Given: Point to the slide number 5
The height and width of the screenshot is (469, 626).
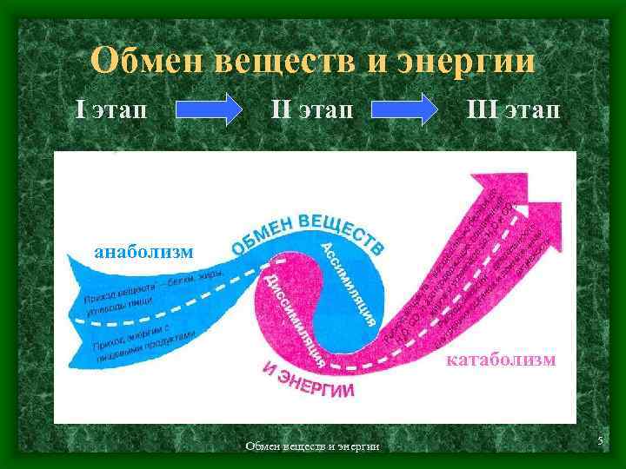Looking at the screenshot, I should click(x=600, y=443).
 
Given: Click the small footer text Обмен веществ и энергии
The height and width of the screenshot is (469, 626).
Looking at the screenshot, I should click(x=312, y=446).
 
